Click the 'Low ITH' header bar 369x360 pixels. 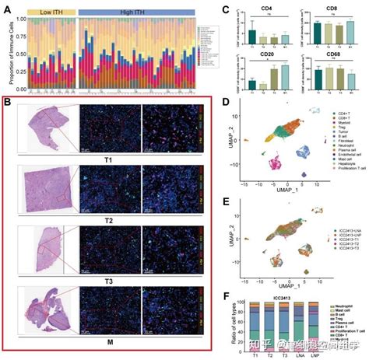coord(54,13)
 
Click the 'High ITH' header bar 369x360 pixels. coord(136,13)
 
